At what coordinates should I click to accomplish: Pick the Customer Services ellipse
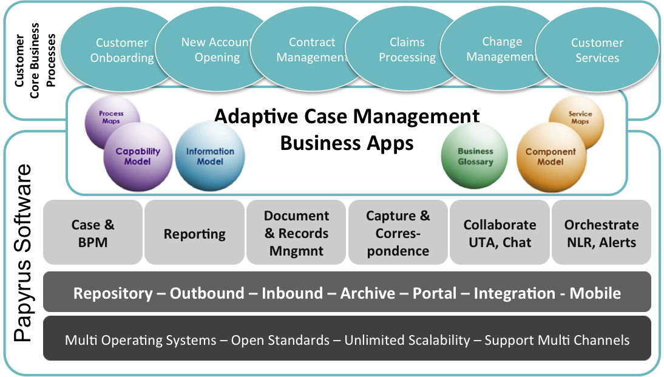click(x=597, y=50)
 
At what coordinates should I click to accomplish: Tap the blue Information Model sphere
click(x=210, y=156)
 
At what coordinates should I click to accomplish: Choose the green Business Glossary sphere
click(x=475, y=157)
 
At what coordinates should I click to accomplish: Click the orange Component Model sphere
click(x=551, y=157)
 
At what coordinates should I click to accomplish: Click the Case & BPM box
click(x=93, y=233)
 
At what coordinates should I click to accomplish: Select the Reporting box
click(x=194, y=233)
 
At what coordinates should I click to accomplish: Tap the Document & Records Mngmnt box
click(x=296, y=233)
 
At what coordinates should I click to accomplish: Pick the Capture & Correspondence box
click(x=398, y=233)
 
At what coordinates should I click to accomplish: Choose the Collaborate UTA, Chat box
click(x=500, y=233)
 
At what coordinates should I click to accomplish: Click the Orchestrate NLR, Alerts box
click(x=601, y=233)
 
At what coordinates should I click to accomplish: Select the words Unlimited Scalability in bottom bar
click(x=407, y=339)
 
